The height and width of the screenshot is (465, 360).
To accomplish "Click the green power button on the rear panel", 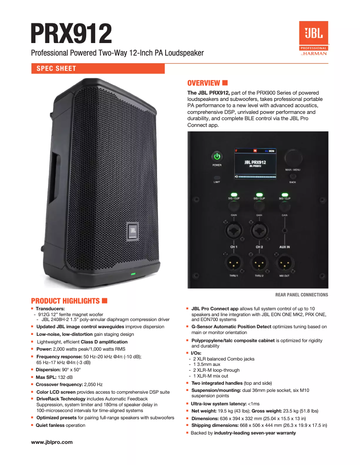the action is click(217, 156).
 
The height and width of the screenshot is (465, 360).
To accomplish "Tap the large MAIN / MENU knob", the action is click(293, 158).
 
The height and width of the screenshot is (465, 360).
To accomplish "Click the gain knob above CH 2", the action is click(259, 206).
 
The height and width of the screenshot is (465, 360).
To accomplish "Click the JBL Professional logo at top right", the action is click(314, 39).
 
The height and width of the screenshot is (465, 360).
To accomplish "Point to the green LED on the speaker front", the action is click(133, 274).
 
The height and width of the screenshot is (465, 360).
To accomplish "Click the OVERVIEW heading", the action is click(203, 83).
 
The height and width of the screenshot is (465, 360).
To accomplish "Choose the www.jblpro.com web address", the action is click(52, 442).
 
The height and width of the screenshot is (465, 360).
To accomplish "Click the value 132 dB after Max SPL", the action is click(66, 377).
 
